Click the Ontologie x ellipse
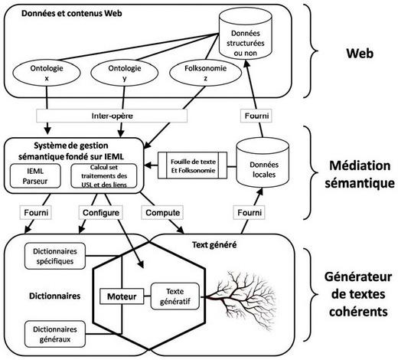click(47, 73)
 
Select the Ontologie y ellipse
click(125, 73)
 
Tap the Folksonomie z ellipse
click(205, 73)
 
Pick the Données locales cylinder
click(263, 163)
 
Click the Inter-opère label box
click(112, 116)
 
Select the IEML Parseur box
click(35, 176)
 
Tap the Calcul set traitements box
click(104, 176)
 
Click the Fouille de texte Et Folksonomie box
click(193, 165)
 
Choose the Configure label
click(101, 213)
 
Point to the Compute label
click(162, 213)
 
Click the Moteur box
click(122, 296)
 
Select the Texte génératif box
click(175, 296)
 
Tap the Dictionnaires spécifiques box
click(55, 256)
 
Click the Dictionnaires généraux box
click(55, 334)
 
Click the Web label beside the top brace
click(360, 54)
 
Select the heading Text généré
click(214, 245)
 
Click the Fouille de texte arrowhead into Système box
click(148, 165)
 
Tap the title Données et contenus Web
click(72, 13)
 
